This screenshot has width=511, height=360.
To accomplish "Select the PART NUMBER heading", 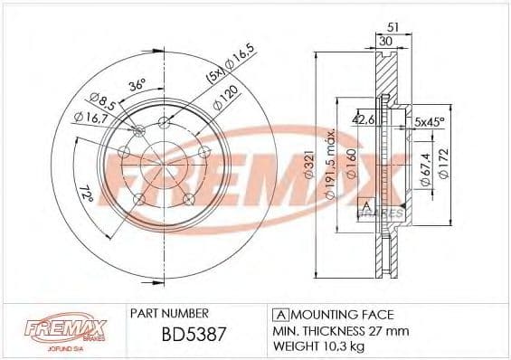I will click(170, 313).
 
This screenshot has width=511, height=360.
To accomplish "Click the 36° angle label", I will click(137, 88).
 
